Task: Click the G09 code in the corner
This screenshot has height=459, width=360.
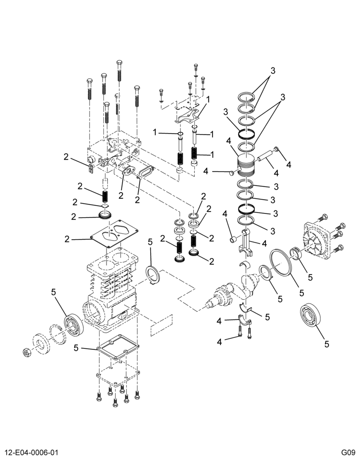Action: [349, 452]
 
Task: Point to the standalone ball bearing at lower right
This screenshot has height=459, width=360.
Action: [310, 316]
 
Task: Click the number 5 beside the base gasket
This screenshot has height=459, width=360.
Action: [76, 348]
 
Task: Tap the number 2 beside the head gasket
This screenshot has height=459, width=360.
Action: [67, 239]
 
